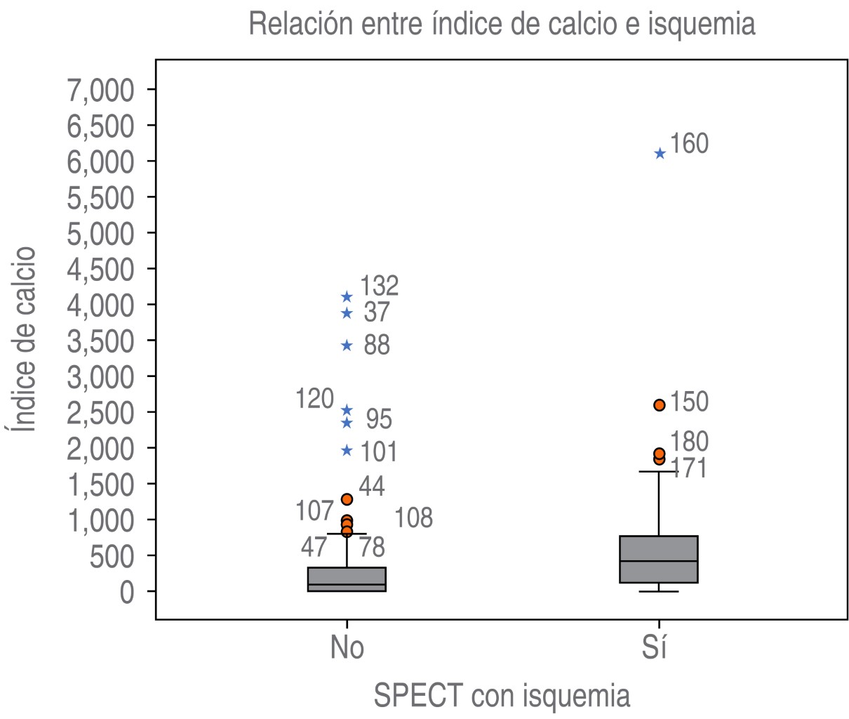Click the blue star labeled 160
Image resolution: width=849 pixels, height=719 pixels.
coord(660,154)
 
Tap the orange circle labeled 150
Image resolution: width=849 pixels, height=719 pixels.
coord(660,404)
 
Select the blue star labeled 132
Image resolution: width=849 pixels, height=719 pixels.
coord(347,297)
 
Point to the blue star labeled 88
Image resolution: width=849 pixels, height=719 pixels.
coord(347,345)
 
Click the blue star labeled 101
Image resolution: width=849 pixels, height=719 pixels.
coord(347,450)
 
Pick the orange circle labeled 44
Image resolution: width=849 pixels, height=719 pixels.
coord(347,499)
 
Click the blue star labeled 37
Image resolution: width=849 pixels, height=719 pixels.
coord(347,313)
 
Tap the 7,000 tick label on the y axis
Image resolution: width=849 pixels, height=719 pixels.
coord(100,90)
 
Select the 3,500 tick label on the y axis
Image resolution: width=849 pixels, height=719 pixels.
coord(100,341)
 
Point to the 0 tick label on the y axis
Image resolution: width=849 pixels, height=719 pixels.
coord(126,592)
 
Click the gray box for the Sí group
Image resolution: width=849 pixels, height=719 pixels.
coord(658,559)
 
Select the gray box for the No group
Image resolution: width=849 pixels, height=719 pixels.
coord(347,579)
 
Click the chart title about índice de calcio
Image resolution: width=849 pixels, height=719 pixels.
coord(502,24)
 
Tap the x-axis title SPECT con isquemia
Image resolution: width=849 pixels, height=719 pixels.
coord(502,696)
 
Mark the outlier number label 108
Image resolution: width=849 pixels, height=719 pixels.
coord(413,519)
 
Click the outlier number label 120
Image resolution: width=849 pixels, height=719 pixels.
coord(314,399)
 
